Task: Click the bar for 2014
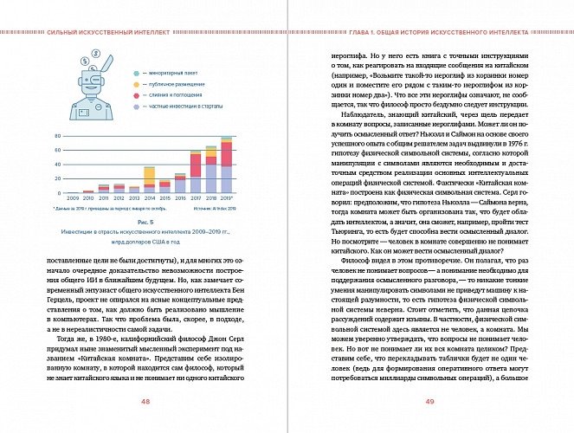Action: (x=149, y=178)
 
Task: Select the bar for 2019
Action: (x=226, y=165)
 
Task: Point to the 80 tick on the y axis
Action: (x=56, y=137)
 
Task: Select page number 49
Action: (x=430, y=401)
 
